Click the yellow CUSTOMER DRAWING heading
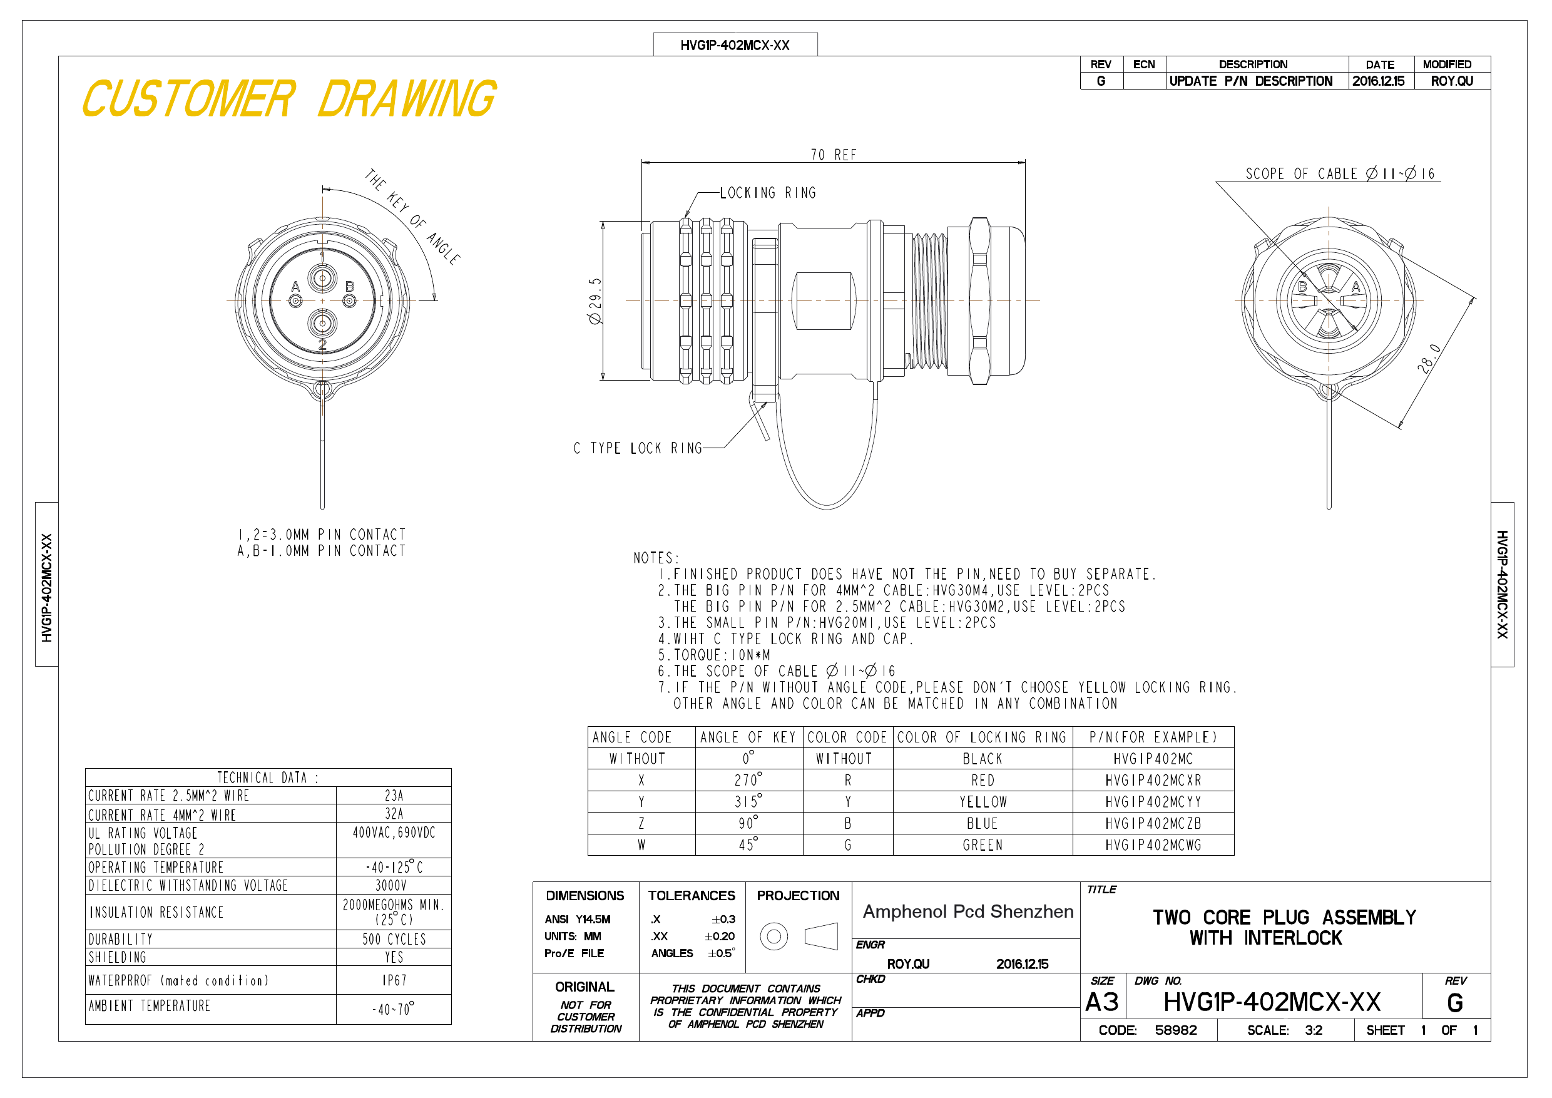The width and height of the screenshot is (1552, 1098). pos(289,99)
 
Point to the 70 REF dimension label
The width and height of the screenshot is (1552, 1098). pos(834,155)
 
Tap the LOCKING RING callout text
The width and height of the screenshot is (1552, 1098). pos(768,193)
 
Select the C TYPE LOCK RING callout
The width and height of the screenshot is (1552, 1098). pos(638,448)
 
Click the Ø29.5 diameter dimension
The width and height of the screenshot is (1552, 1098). pos(595,301)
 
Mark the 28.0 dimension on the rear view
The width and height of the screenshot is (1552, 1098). pos(1429,358)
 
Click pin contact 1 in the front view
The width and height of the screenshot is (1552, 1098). pos(322,277)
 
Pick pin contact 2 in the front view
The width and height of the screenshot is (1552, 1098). pos(322,323)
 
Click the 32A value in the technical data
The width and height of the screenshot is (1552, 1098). pos(394,814)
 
